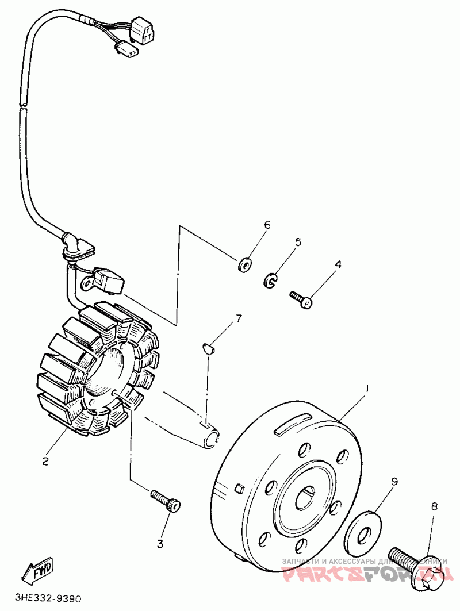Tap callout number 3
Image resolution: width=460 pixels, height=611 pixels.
tap(160, 543)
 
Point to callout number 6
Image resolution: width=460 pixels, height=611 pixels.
tap(267, 225)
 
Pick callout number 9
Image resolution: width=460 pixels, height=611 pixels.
tap(395, 482)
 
